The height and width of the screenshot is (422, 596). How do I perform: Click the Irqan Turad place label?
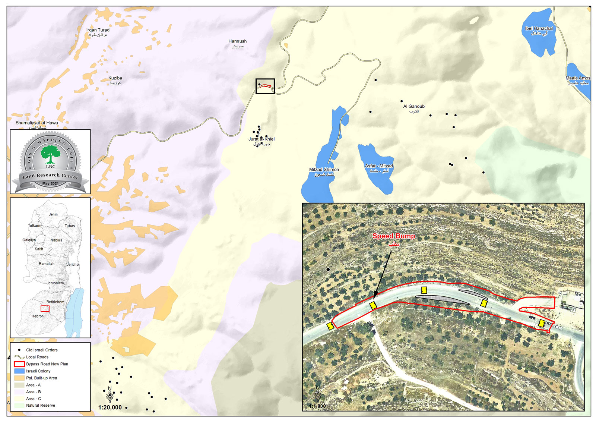[x=98, y=30]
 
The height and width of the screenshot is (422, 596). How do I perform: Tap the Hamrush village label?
[x=238, y=41]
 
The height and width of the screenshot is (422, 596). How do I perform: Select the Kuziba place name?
[x=115, y=78]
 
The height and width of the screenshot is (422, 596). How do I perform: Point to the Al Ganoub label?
[x=414, y=107]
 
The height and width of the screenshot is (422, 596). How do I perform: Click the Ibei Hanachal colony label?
[x=539, y=29]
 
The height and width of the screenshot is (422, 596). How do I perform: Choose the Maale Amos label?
[x=578, y=78]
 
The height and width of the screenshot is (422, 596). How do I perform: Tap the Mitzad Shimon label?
[x=324, y=170]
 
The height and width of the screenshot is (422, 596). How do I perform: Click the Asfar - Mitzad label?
[x=379, y=166]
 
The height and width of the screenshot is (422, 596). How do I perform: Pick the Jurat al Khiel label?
[x=261, y=139]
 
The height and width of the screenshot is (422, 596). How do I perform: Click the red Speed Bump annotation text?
[x=394, y=236]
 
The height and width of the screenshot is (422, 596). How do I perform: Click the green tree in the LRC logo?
[x=50, y=154]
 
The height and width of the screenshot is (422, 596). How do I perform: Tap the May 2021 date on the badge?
[x=50, y=183]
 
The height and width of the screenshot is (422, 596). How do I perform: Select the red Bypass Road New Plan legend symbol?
[x=19, y=364]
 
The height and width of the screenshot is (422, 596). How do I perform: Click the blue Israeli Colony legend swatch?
[x=19, y=371]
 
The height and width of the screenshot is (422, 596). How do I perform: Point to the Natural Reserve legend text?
[x=41, y=406]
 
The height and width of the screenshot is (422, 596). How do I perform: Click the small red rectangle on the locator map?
[x=45, y=309]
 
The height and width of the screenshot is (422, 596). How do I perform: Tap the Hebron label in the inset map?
[x=38, y=316]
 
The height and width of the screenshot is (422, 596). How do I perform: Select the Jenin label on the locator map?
[x=53, y=214]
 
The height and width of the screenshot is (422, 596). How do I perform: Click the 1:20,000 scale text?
[x=110, y=407]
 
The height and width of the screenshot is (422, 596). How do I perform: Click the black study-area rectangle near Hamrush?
[x=265, y=86]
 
